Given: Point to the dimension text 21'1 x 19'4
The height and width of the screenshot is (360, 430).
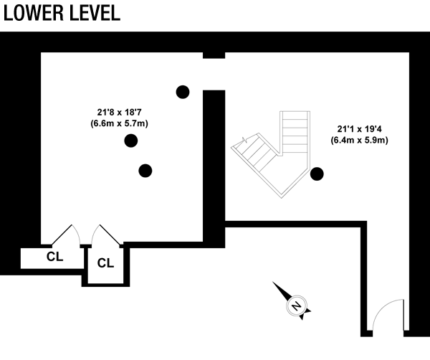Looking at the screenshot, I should point(359,129).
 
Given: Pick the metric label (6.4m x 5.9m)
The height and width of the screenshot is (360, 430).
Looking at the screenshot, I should point(359,141).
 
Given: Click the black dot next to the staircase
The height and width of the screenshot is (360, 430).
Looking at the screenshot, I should point(316,173).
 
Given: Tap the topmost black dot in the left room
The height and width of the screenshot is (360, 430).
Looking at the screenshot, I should point(183,91).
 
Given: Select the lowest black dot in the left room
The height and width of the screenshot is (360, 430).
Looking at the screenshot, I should point(145,170).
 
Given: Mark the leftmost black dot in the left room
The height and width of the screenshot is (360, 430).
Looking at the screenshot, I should point(130,141).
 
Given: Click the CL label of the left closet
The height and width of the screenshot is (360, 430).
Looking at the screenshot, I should point(55,256).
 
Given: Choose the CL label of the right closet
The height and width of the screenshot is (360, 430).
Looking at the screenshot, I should point(105,262).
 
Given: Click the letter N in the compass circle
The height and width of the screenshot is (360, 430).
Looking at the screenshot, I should point(295,306).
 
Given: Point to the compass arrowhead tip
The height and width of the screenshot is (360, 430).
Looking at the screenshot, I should point(275,285).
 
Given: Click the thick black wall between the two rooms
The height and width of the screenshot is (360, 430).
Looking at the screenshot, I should point(214,165).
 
